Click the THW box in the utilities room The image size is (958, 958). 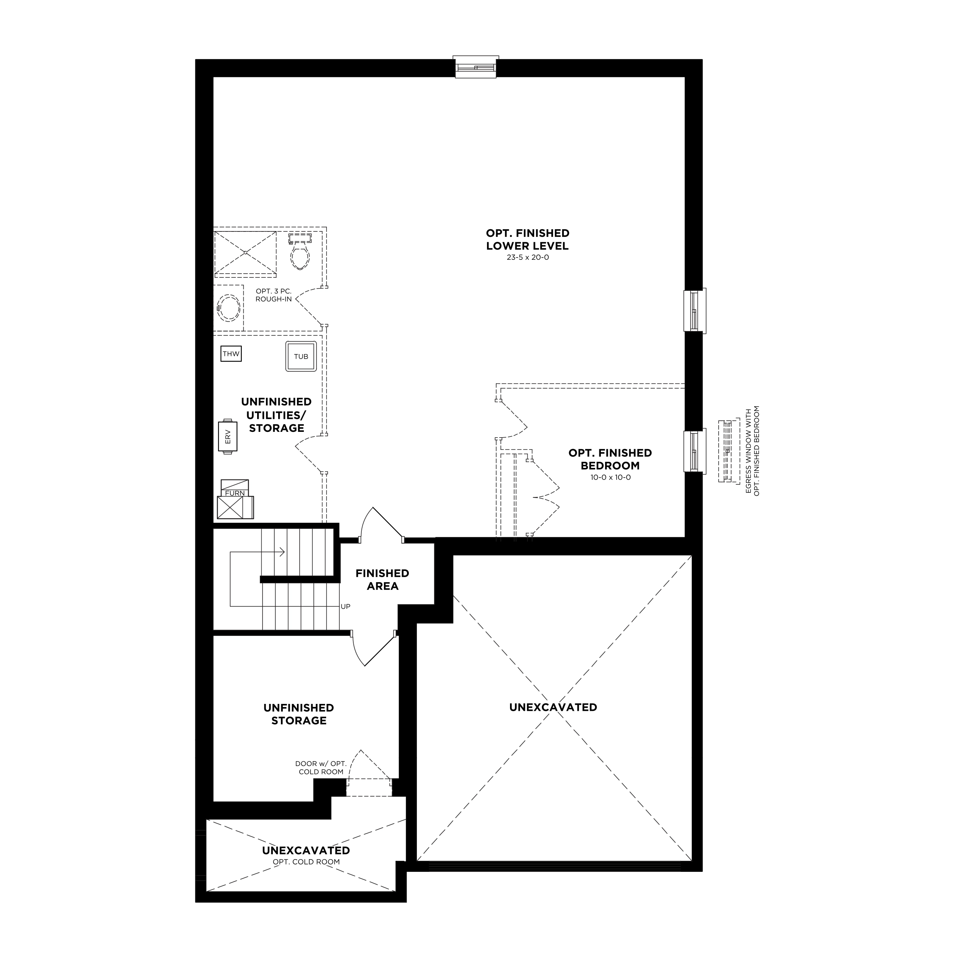click(231, 354)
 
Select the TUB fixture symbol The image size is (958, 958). click(301, 356)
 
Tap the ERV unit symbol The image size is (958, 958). click(228, 436)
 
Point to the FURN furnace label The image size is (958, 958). click(235, 493)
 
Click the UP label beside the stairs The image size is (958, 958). click(346, 607)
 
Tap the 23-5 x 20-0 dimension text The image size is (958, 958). click(528, 258)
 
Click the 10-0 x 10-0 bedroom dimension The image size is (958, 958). click(610, 477)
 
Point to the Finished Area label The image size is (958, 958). click(382, 580)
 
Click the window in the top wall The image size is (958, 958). click(476, 67)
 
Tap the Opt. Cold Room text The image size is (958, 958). click(307, 862)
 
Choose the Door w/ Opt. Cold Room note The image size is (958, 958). click(321, 768)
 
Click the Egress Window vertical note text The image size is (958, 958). click(752, 451)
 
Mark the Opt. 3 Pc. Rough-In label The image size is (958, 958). click(274, 295)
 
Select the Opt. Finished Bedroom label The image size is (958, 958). click(610, 459)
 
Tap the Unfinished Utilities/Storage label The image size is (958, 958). click(277, 415)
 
